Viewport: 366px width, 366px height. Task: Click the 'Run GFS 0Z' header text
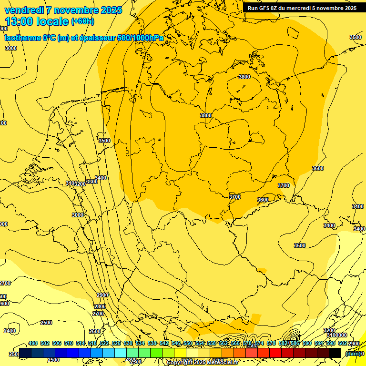click(264, 8)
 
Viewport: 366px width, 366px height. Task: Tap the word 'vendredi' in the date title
click(24, 10)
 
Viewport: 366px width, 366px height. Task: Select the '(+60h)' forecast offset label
click(82, 21)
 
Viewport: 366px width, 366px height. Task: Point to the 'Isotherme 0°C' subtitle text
click(28, 38)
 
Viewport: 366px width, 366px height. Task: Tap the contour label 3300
click(92, 182)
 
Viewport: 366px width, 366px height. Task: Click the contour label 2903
click(102, 295)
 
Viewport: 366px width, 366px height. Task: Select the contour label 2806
click(100, 306)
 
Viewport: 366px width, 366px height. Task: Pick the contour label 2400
click(10, 331)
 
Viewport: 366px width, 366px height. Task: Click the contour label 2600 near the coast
click(95, 331)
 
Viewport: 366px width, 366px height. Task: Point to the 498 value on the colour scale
click(33, 343)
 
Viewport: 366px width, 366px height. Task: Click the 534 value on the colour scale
click(140, 343)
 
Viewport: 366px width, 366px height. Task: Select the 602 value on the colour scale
click(342, 343)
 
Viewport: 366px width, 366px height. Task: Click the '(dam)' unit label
click(352, 353)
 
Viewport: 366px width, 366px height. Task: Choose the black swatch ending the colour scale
click(335, 353)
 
